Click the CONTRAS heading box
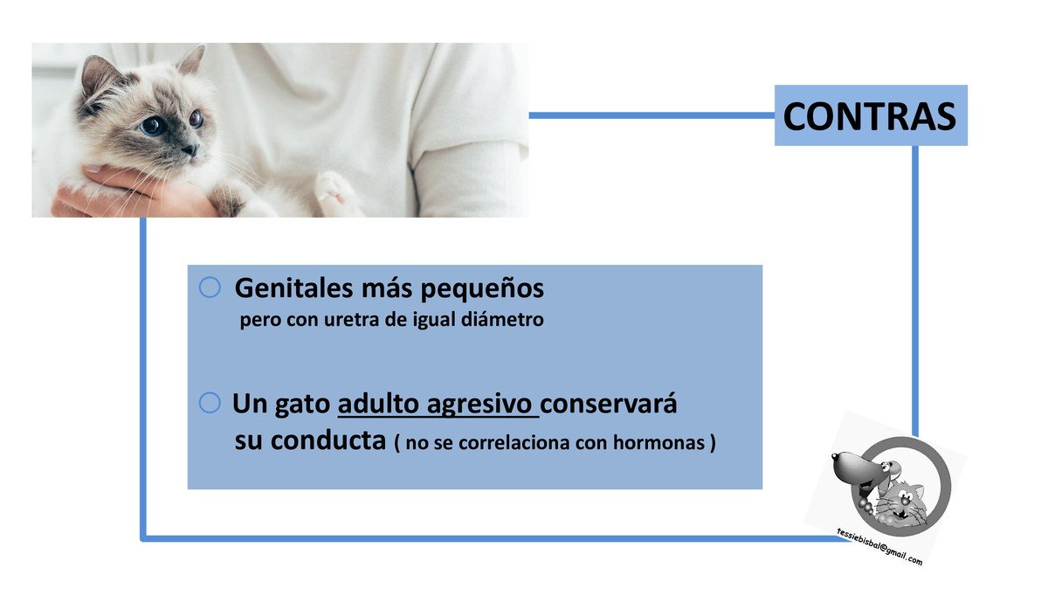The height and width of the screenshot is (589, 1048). coord(871,115)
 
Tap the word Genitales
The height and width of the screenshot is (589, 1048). coord(293,288)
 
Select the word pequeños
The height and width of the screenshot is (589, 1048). coord(482,290)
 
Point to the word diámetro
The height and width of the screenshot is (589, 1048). coord(502,319)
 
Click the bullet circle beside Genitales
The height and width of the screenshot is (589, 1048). coord(210,287)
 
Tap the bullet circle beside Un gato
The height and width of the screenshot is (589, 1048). coord(210,403)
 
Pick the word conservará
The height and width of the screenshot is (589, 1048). coord(608,404)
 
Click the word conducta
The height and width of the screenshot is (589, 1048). coord(328,440)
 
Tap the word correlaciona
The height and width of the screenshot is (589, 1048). coord(514,443)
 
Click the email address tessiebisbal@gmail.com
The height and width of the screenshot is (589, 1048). coord(879,546)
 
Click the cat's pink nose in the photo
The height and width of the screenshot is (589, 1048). coord(190,149)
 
